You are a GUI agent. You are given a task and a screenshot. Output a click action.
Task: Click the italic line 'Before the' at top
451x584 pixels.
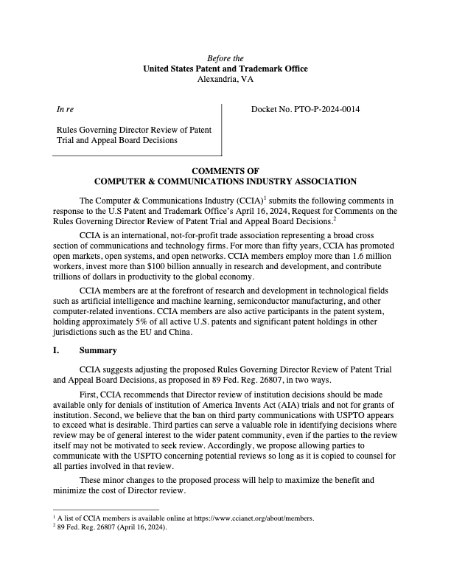tap(225, 58)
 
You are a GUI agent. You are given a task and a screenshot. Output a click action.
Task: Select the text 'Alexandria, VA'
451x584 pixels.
tap(225, 79)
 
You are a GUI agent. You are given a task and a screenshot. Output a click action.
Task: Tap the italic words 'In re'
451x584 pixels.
tap(65, 110)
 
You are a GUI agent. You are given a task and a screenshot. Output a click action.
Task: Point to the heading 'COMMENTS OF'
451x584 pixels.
tap(225, 170)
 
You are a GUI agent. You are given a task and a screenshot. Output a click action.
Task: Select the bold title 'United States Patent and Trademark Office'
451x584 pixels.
tap(225, 69)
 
